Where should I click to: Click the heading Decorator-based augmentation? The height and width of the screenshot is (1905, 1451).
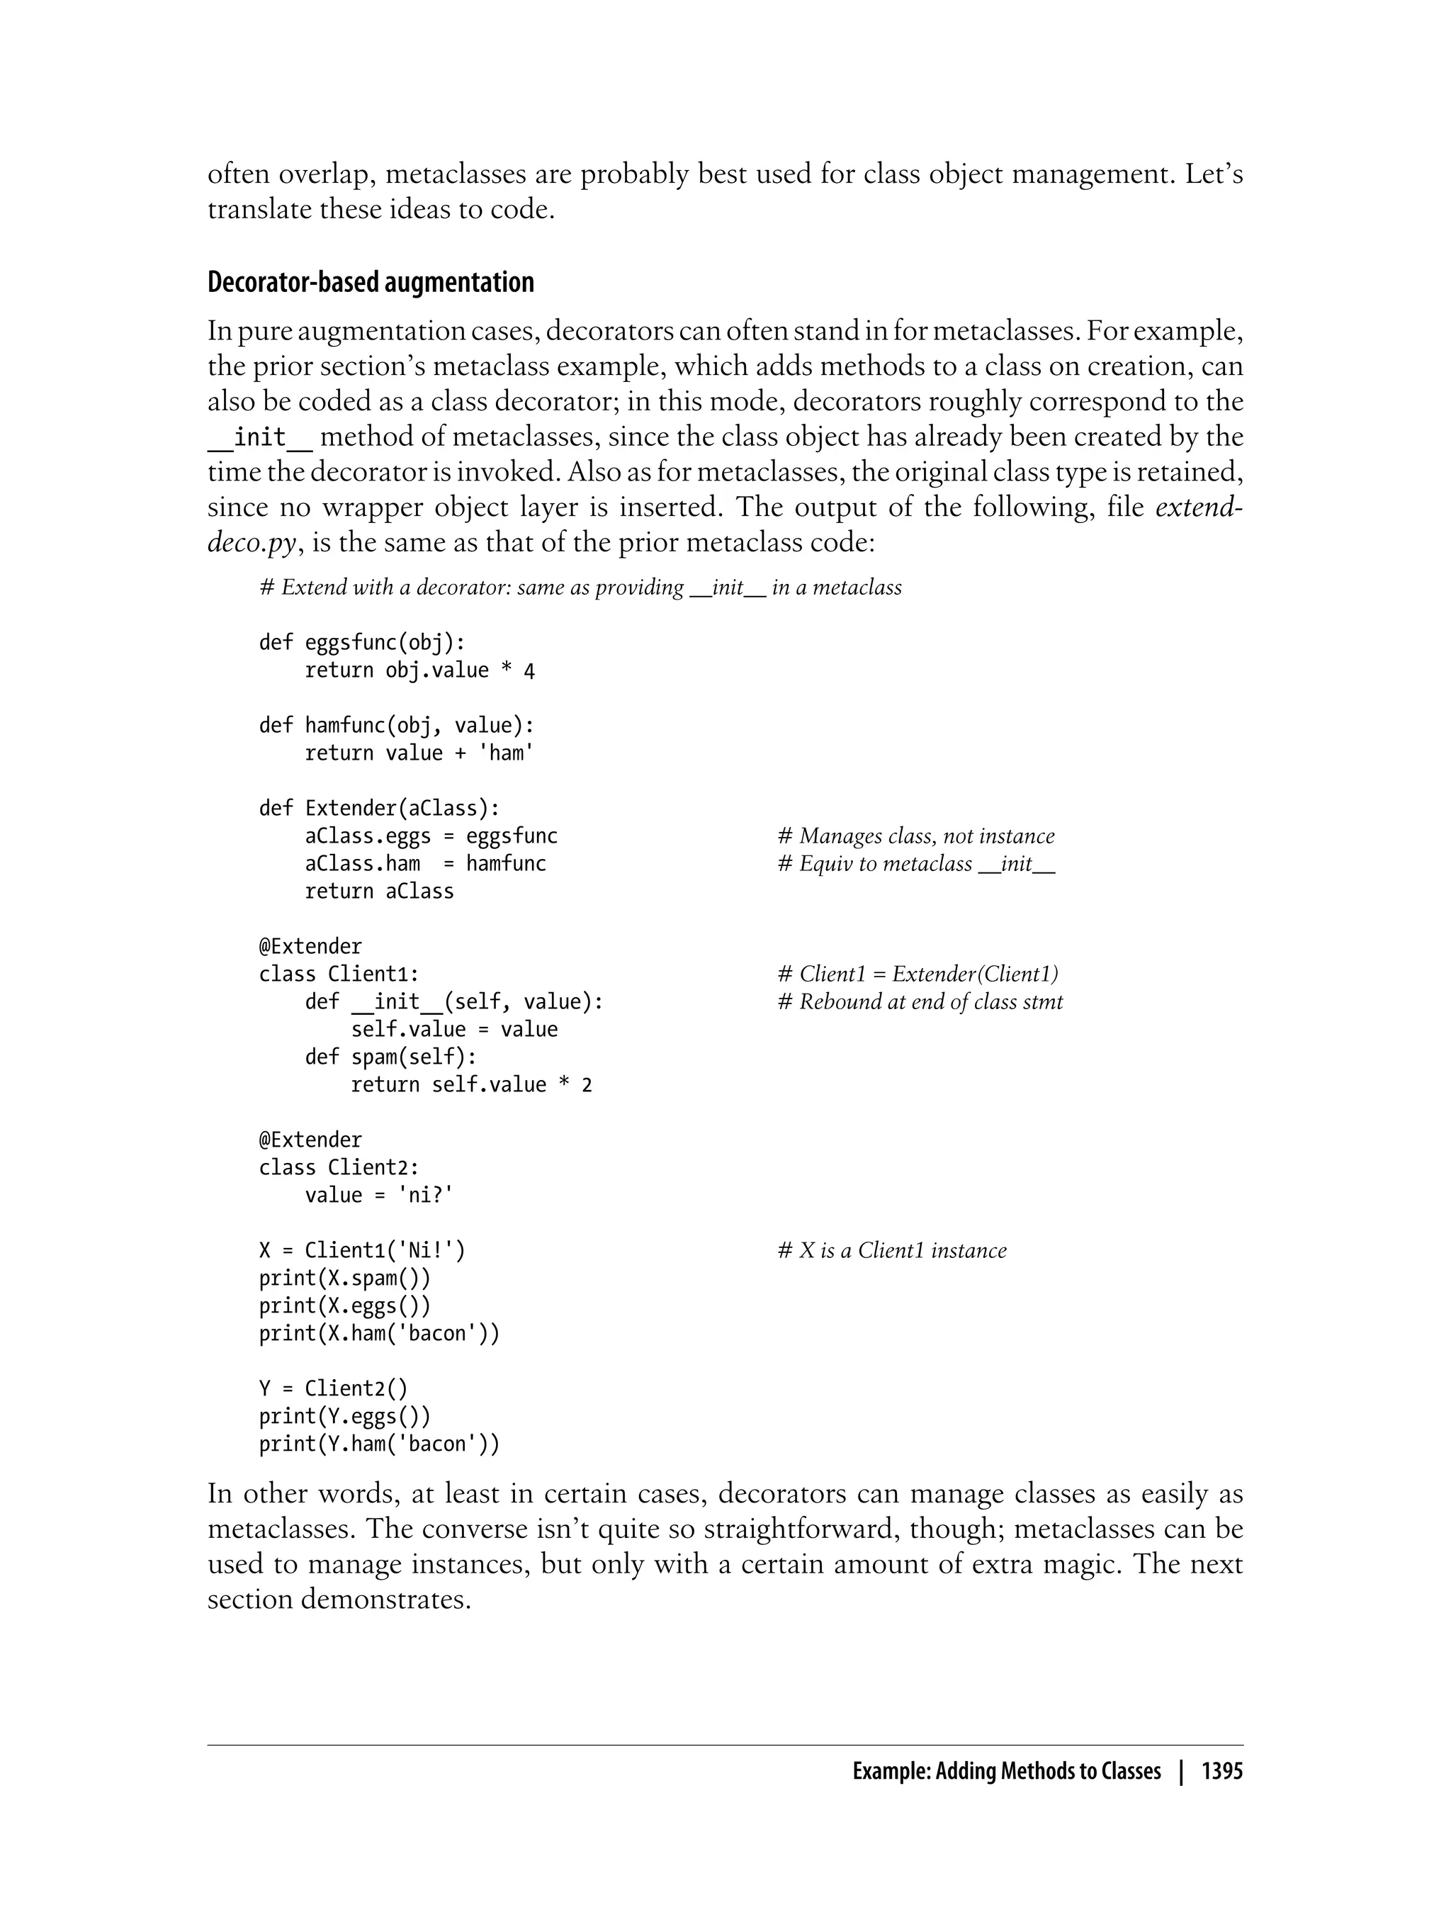(x=371, y=283)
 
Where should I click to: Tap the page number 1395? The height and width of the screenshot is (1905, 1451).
(x=1221, y=1771)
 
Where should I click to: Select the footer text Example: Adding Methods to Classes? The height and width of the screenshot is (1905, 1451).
(x=1006, y=1771)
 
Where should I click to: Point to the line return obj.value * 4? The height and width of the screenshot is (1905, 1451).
(x=419, y=670)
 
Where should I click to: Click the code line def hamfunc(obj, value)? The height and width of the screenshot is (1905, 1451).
(x=397, y=726)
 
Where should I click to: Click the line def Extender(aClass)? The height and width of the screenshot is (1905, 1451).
(x=379, y=809)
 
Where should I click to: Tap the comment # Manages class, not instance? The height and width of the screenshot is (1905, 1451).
(x=915, y=836)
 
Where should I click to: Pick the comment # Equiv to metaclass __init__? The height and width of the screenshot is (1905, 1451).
(x=915, y=864)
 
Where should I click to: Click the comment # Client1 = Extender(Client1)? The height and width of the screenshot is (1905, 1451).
(x=918, y=974)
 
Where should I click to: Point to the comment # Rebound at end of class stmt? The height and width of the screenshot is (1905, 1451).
(x=920, y=1002)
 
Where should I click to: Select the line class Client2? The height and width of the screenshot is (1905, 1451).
(x=339, y=1168)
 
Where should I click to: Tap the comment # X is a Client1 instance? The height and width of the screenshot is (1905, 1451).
(x=891, y=1251)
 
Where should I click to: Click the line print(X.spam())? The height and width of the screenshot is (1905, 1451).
(x=344, y=1279)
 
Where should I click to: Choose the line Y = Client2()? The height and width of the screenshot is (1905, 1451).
(x=332, y=1389)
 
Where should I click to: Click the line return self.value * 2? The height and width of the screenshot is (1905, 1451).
(x=472, y=1085)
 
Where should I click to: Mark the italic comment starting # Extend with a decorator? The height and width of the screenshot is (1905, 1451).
(x=580, y=588)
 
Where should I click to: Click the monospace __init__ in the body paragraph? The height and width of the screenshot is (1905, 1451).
(x=260, y=437)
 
